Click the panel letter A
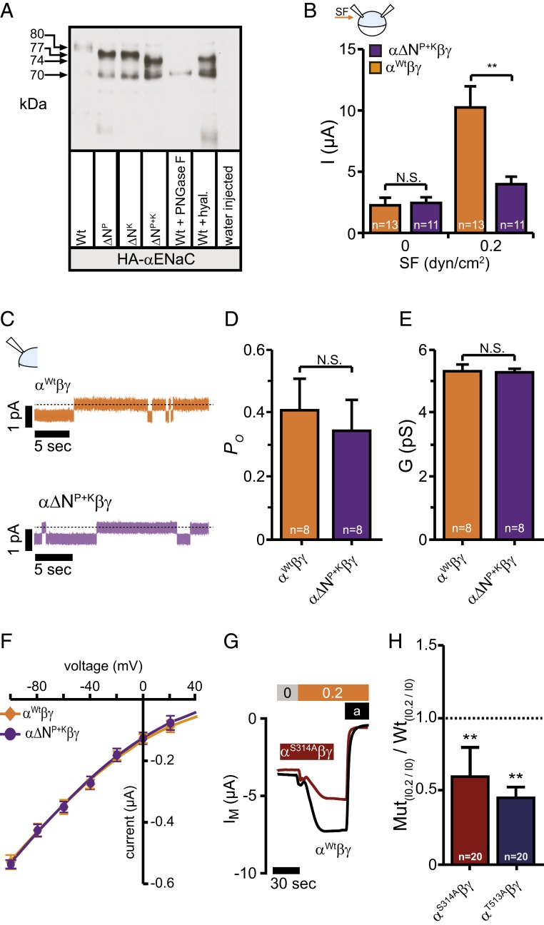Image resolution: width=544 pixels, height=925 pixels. pos(7,10)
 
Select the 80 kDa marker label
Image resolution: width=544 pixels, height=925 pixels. pos(37,34)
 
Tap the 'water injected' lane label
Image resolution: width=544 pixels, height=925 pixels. pos(228,206)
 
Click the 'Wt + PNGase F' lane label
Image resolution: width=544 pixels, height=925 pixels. pos(180,201)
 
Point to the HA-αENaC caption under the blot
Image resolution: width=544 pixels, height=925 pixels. pos(156,259)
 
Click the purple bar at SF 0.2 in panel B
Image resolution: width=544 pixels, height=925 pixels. pos(511,208)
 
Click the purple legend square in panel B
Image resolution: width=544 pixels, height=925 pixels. pos(375,51)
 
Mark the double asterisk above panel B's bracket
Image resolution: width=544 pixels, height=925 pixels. pos(492,66)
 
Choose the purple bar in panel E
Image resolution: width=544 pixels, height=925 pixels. pos(514,455)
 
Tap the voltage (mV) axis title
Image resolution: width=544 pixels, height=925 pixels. pos(103,666)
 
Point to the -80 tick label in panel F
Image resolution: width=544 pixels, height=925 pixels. pos(36,687)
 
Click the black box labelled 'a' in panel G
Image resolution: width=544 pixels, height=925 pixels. pos(356,712)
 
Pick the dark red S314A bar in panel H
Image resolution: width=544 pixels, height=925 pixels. pos(470,819)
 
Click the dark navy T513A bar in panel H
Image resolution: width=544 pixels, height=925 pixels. pos(515,830)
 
